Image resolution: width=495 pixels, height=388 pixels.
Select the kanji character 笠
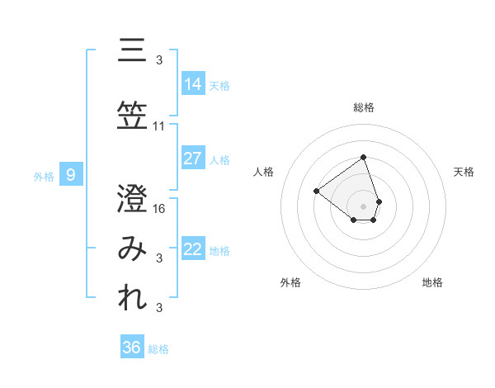(133, 115)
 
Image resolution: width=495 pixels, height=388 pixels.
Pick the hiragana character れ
(133, 300)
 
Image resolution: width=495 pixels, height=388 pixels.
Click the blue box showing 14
(193, 83)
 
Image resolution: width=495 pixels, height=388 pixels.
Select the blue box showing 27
(193, 159)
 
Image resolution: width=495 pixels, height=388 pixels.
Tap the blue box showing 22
(193, 250)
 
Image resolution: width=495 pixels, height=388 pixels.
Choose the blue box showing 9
(71, 175)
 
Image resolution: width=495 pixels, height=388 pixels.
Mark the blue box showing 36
(132, 348)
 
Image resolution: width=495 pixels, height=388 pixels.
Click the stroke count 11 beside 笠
(159, 126)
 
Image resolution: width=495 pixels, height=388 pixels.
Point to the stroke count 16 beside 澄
(160, 209)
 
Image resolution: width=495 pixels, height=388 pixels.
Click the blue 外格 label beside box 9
(44, 176)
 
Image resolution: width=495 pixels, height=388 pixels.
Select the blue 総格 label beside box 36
(158, 349)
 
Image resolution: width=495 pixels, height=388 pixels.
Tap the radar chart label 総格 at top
(364, 107)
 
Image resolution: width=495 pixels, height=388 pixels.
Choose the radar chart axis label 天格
(464, 172)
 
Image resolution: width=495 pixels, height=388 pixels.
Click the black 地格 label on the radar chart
(432, 283)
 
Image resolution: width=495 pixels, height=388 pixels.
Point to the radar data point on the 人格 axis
(316, 191)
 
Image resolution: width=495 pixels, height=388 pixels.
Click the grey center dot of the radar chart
(364, 206)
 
